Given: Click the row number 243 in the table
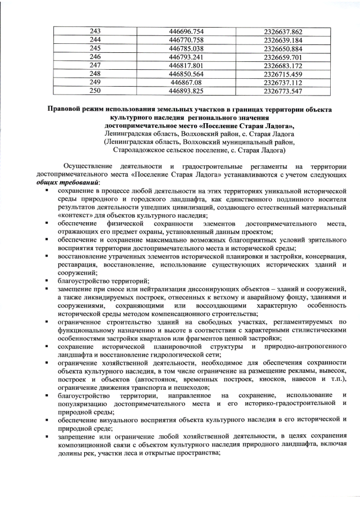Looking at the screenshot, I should (95, 32).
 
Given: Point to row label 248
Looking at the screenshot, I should (95, 74).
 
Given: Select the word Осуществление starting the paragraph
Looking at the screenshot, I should (87, 167).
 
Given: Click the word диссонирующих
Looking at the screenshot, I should (230, 289).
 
